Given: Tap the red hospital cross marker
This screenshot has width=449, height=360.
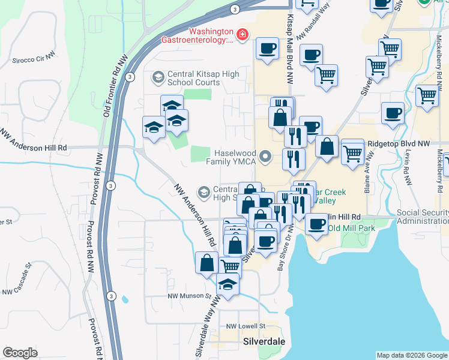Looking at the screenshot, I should [x=243, y=36].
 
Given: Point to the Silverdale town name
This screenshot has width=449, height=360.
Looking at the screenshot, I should [x=264, y=342].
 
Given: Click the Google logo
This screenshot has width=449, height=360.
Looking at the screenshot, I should [x=20, y=353].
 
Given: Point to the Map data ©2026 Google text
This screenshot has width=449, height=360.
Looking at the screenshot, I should [x=411, y=355].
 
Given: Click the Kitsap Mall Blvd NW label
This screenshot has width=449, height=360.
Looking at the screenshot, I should [x=291, y=48].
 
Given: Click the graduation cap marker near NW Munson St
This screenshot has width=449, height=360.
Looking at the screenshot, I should [x=228, y=285].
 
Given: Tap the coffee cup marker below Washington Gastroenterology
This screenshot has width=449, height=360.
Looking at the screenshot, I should [x=267, y=48].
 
